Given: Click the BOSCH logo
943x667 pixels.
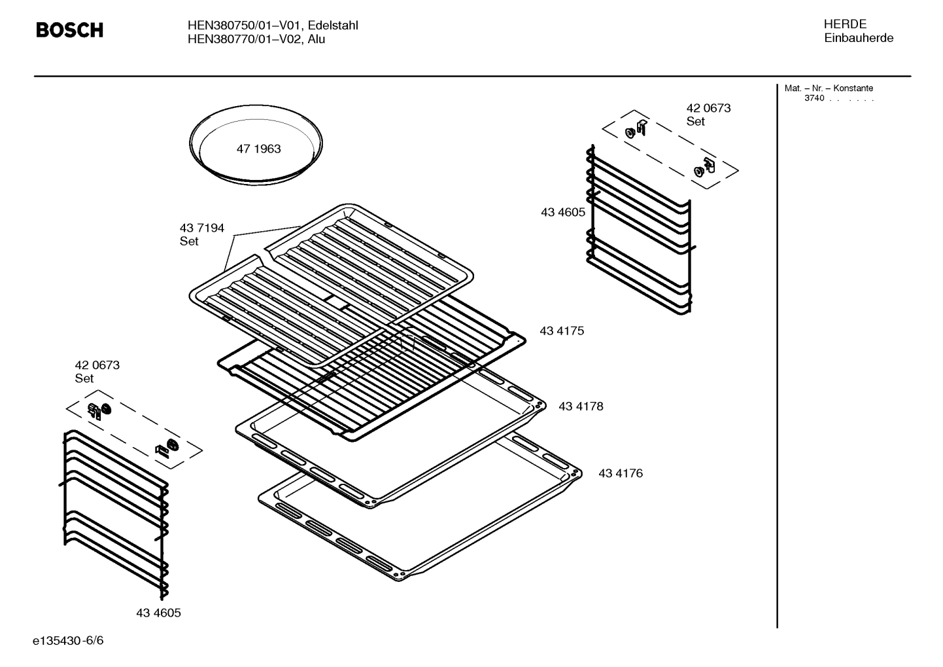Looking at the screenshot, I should coord(69,30).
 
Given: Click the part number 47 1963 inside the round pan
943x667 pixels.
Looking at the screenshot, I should coord(258,149).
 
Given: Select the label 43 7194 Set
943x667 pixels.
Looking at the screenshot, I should coord(201,234).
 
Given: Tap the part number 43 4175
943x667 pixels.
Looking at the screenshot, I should coord(561,331).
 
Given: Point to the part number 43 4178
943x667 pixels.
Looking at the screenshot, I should coord(580,406).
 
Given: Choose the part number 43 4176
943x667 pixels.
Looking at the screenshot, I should coord(620,473).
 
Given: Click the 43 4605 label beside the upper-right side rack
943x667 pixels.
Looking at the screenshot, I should coord(562,212).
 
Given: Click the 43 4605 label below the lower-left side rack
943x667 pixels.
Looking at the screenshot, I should coord(158,613).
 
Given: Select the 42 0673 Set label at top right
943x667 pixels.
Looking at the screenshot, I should coord(708,115).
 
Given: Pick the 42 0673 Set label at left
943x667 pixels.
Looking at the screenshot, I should coord(97,371).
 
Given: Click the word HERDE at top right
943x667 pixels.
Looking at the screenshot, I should coord(845,24).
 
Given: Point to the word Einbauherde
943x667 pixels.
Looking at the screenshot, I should coord(858,38).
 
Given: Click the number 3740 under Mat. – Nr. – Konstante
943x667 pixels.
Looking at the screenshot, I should coord(814,98).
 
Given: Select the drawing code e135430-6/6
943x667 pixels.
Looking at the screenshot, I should coord(67,640).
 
